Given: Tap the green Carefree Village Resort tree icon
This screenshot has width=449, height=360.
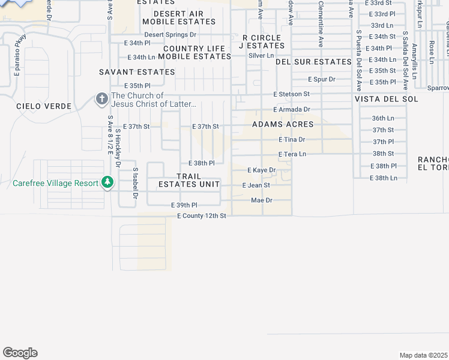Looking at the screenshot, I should pos(107,181).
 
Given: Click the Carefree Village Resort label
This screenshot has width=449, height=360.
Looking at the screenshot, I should pos(55,183).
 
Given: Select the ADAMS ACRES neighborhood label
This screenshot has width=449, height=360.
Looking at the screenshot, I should pos(283,124).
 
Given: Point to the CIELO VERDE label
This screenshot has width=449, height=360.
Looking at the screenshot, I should pos(44,106).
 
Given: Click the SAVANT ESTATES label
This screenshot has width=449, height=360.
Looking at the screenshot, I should pos(137,72).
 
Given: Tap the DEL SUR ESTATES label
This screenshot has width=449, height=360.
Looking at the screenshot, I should pos(313,62).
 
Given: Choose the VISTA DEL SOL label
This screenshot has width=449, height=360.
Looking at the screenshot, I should pos(385,99).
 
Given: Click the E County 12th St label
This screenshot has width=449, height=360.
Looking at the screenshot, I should pos(201,215).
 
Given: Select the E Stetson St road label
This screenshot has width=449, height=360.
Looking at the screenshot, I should pos(291,94).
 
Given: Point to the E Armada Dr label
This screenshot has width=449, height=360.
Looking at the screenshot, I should pos(291,109).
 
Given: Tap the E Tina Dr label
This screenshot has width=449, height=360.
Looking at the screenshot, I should pos(292,139).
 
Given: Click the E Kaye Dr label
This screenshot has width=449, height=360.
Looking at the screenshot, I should pos(261,170).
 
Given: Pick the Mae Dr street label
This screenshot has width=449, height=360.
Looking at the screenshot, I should pos(262,200).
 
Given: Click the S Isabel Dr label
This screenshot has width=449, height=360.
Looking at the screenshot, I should pos(136,183).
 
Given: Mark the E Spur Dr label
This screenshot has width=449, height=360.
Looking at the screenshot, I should pos(321,79).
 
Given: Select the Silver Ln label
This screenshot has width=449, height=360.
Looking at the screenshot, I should pos(261,56).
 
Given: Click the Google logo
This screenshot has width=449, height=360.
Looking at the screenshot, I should pos(20,353).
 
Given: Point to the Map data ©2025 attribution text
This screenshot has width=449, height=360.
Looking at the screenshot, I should pos(424,355).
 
